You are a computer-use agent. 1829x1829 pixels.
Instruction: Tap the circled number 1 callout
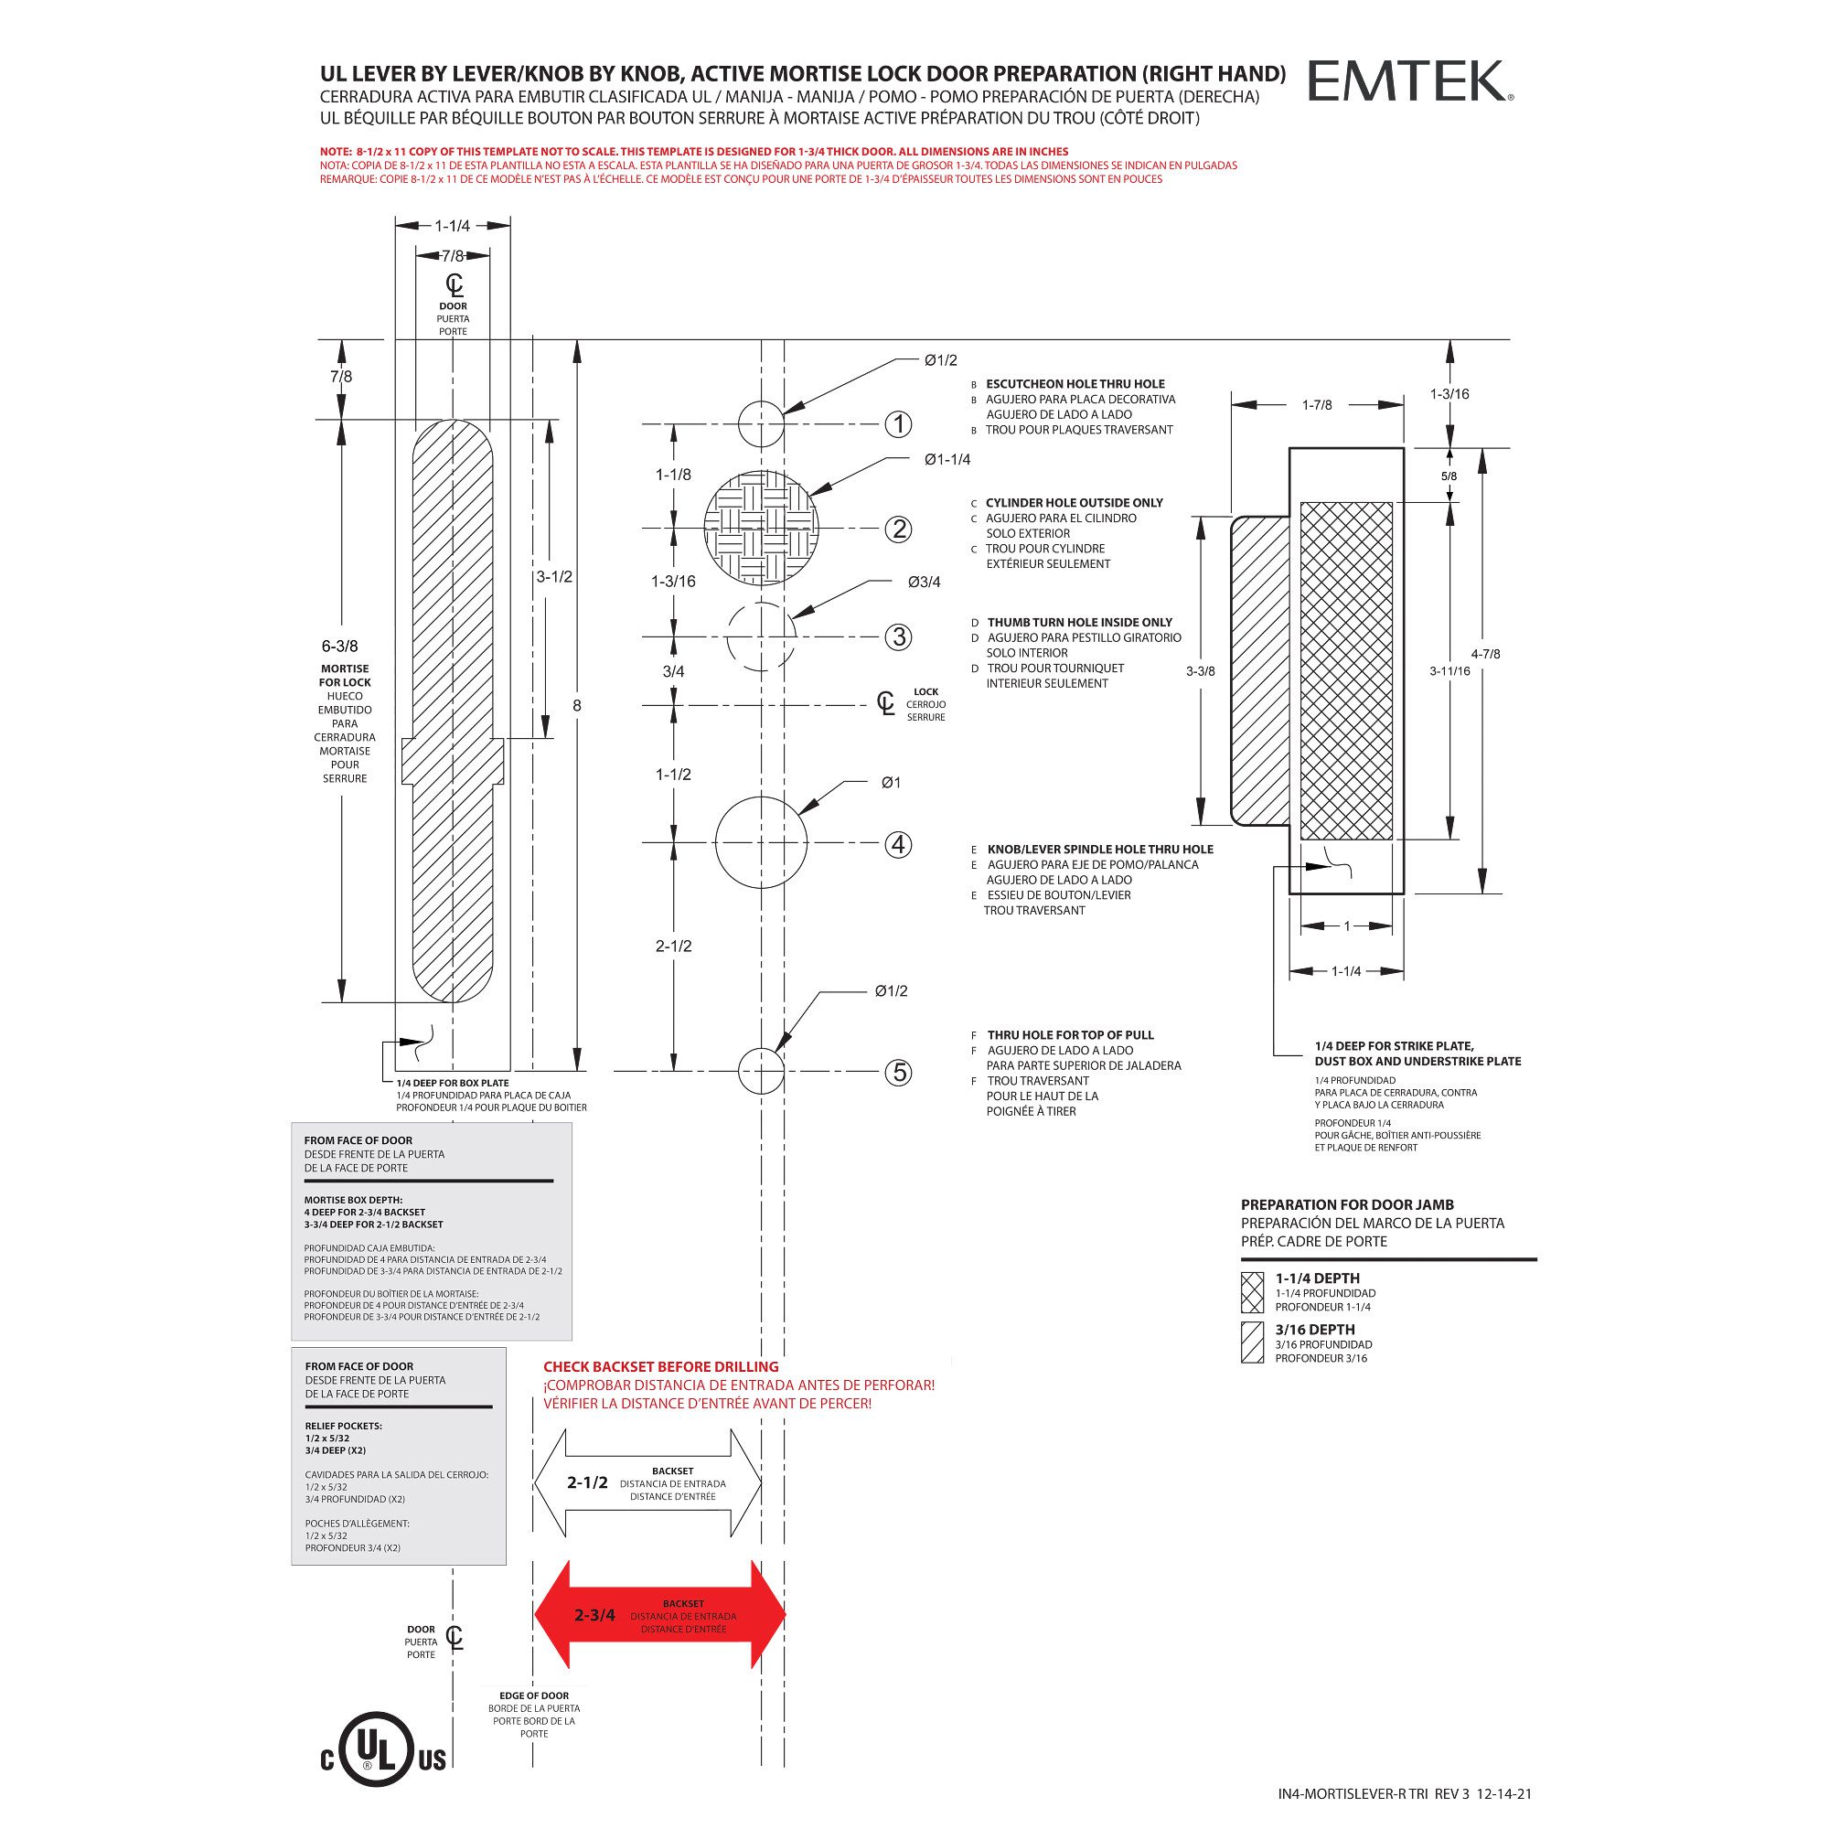(x=897, y=424)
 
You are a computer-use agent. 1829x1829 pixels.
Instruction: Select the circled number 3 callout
(x=897, y=637)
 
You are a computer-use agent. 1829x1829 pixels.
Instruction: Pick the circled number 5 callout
(x=897, y=1073)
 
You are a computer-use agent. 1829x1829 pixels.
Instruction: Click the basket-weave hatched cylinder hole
(x=761, y=528)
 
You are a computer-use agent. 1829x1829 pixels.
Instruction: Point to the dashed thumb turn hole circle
(x=761, y=636)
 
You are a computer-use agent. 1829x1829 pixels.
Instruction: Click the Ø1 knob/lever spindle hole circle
(x=761, y=841)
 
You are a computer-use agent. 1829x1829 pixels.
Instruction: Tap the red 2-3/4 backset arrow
(x=660, y=1615)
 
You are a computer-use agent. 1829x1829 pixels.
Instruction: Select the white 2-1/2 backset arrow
(x=648, y=1482)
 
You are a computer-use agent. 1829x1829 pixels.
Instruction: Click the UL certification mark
(x=383, y=1758)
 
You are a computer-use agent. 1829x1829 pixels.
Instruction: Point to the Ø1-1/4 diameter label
(x=947, y=460)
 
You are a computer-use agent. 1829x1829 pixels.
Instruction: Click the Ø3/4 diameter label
(x=923, y=583)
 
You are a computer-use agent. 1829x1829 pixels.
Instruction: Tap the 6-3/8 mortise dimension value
(x=340, y=647)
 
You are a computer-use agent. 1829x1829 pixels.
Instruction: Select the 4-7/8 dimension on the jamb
(x=1485, y=654)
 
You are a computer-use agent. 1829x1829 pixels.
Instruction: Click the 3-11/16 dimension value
(x=1449, y=671)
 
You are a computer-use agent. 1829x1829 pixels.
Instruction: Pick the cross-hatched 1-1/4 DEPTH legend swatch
(x=1253, y=1291)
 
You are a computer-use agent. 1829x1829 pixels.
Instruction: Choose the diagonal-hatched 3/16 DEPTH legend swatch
(x=1253, y=1342)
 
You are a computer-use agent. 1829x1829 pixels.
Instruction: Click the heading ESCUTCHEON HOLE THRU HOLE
(x=1075, y=384)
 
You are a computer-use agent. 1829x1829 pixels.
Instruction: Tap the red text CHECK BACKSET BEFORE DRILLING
(x=661, y=1367)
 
